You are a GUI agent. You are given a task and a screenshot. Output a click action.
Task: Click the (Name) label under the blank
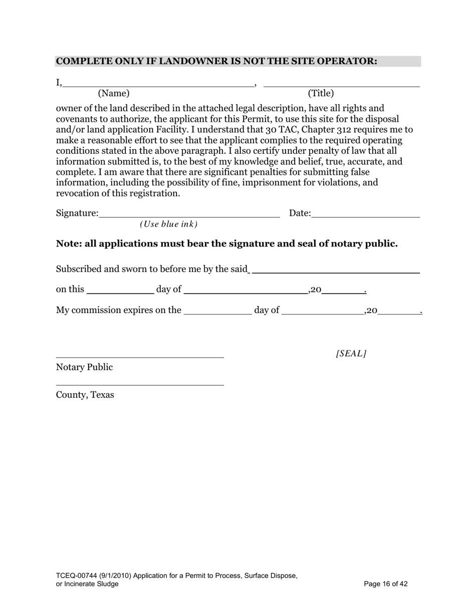pyautogui.click(x=114, y=93)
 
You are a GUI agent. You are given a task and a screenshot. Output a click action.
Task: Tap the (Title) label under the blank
pyautogui.click(x=321, y=93)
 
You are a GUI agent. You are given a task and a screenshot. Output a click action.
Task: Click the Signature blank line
pyautogui.click(x=189, y=217)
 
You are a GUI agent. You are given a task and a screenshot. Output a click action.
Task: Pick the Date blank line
pyautogui.click(x=365, y=217)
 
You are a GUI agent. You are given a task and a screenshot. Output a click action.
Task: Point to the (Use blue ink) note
pyautogui.click(x=169, y=224)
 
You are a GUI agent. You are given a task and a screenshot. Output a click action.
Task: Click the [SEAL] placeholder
pyautogui.click(x=351, y=354)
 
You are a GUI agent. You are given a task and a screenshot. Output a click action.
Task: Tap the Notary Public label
pyautogui.click(x=84, y=368)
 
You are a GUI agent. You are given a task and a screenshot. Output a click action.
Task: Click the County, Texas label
pyautogui.click(x=85, y=395)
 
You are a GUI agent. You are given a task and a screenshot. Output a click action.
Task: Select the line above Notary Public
pyautogui.click(x=140, y=357)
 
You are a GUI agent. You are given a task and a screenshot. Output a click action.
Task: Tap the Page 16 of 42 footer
pyautogui.click(x=386, y=584)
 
